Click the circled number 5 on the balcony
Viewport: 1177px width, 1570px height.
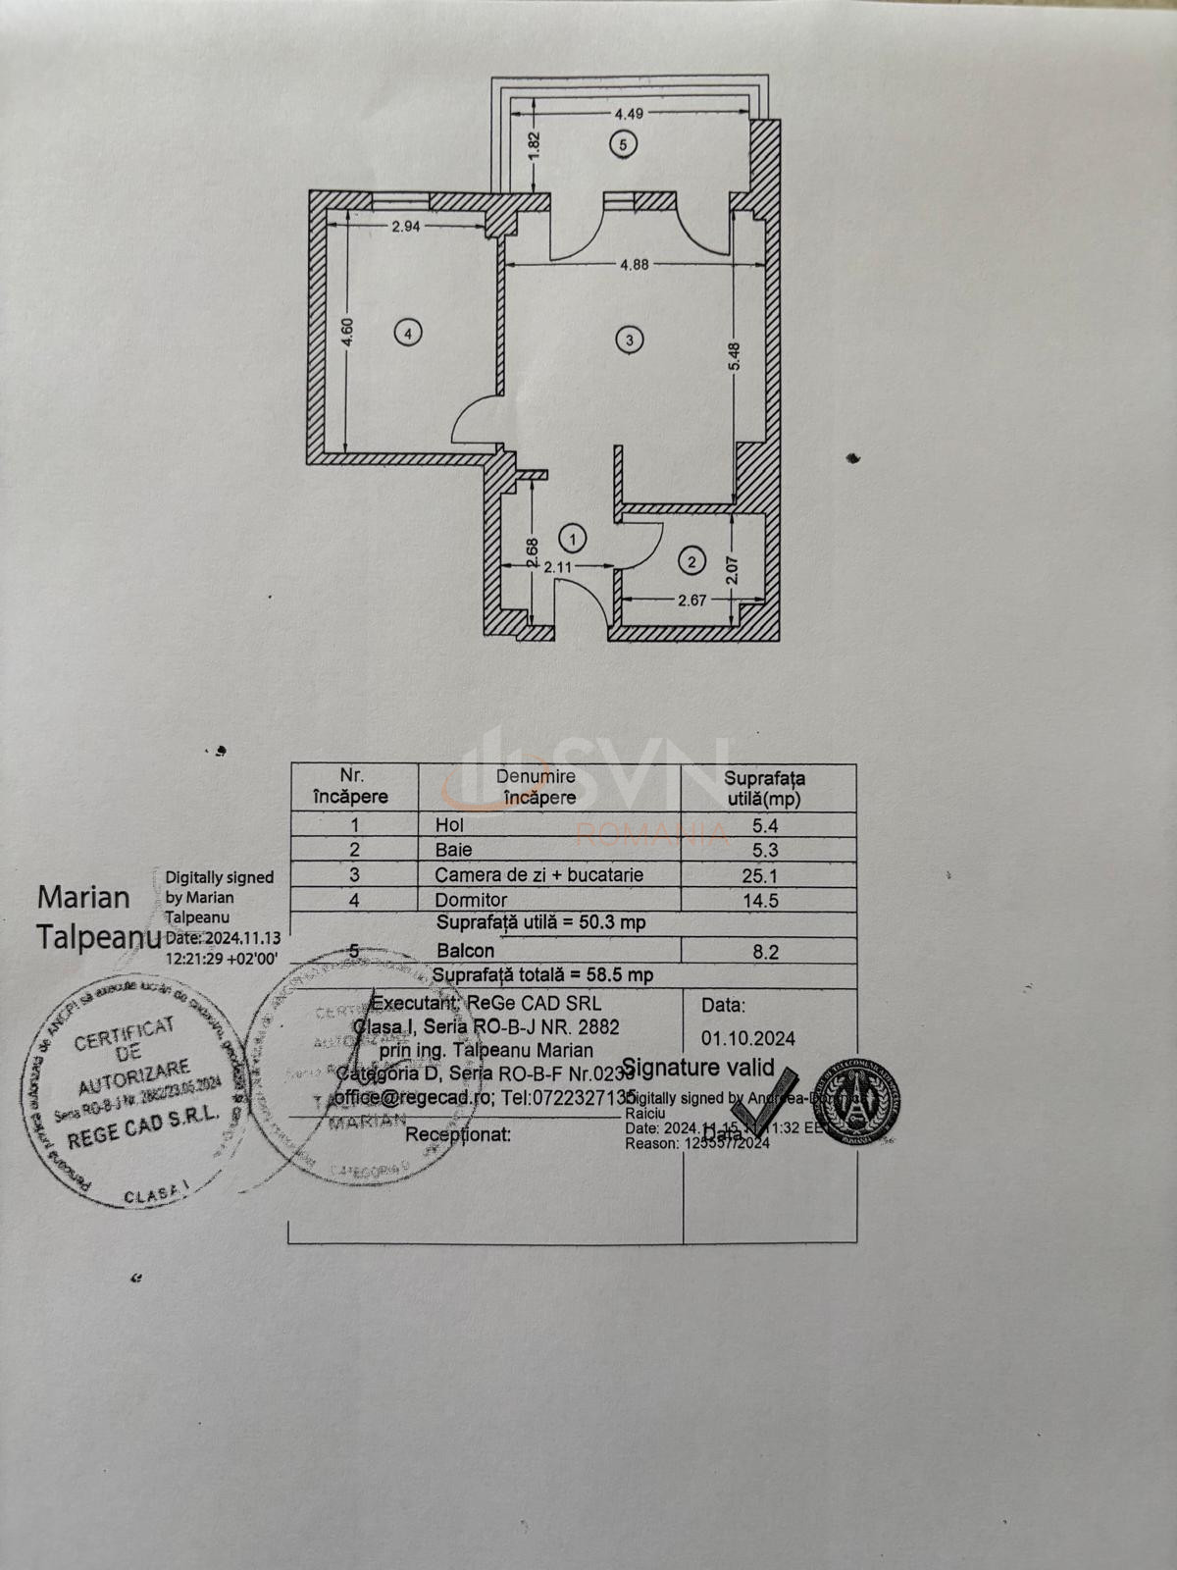[x=622, y=144]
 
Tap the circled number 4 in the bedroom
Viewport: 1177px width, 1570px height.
[x=408, y=333]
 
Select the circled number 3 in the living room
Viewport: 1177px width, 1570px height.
[x=629, y=340]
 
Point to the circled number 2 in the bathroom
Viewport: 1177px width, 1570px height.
[x=691, y=561]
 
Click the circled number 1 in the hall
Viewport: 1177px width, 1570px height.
[x=572, y=538]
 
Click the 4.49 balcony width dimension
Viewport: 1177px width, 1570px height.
[x=629, y=114]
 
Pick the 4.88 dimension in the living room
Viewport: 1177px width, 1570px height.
[x=634, y=264]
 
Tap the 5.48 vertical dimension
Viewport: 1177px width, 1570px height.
[x=735, y=356]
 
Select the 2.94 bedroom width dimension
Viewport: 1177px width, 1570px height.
[x=406, y=227]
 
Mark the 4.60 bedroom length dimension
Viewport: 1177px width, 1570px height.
[x=348, y=332]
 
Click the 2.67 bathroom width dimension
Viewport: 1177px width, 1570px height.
[x=691, y=601]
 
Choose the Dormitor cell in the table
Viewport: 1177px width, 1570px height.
[x=471, y=900]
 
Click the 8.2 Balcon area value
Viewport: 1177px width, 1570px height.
[x=765, y=951]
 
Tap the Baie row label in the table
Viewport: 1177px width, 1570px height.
[x=453, y=850]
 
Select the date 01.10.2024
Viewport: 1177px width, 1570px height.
[x=747, y=1038]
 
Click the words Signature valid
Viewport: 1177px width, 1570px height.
[x=697, y=1068]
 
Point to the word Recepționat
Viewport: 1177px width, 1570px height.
[x=458, y=1134]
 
